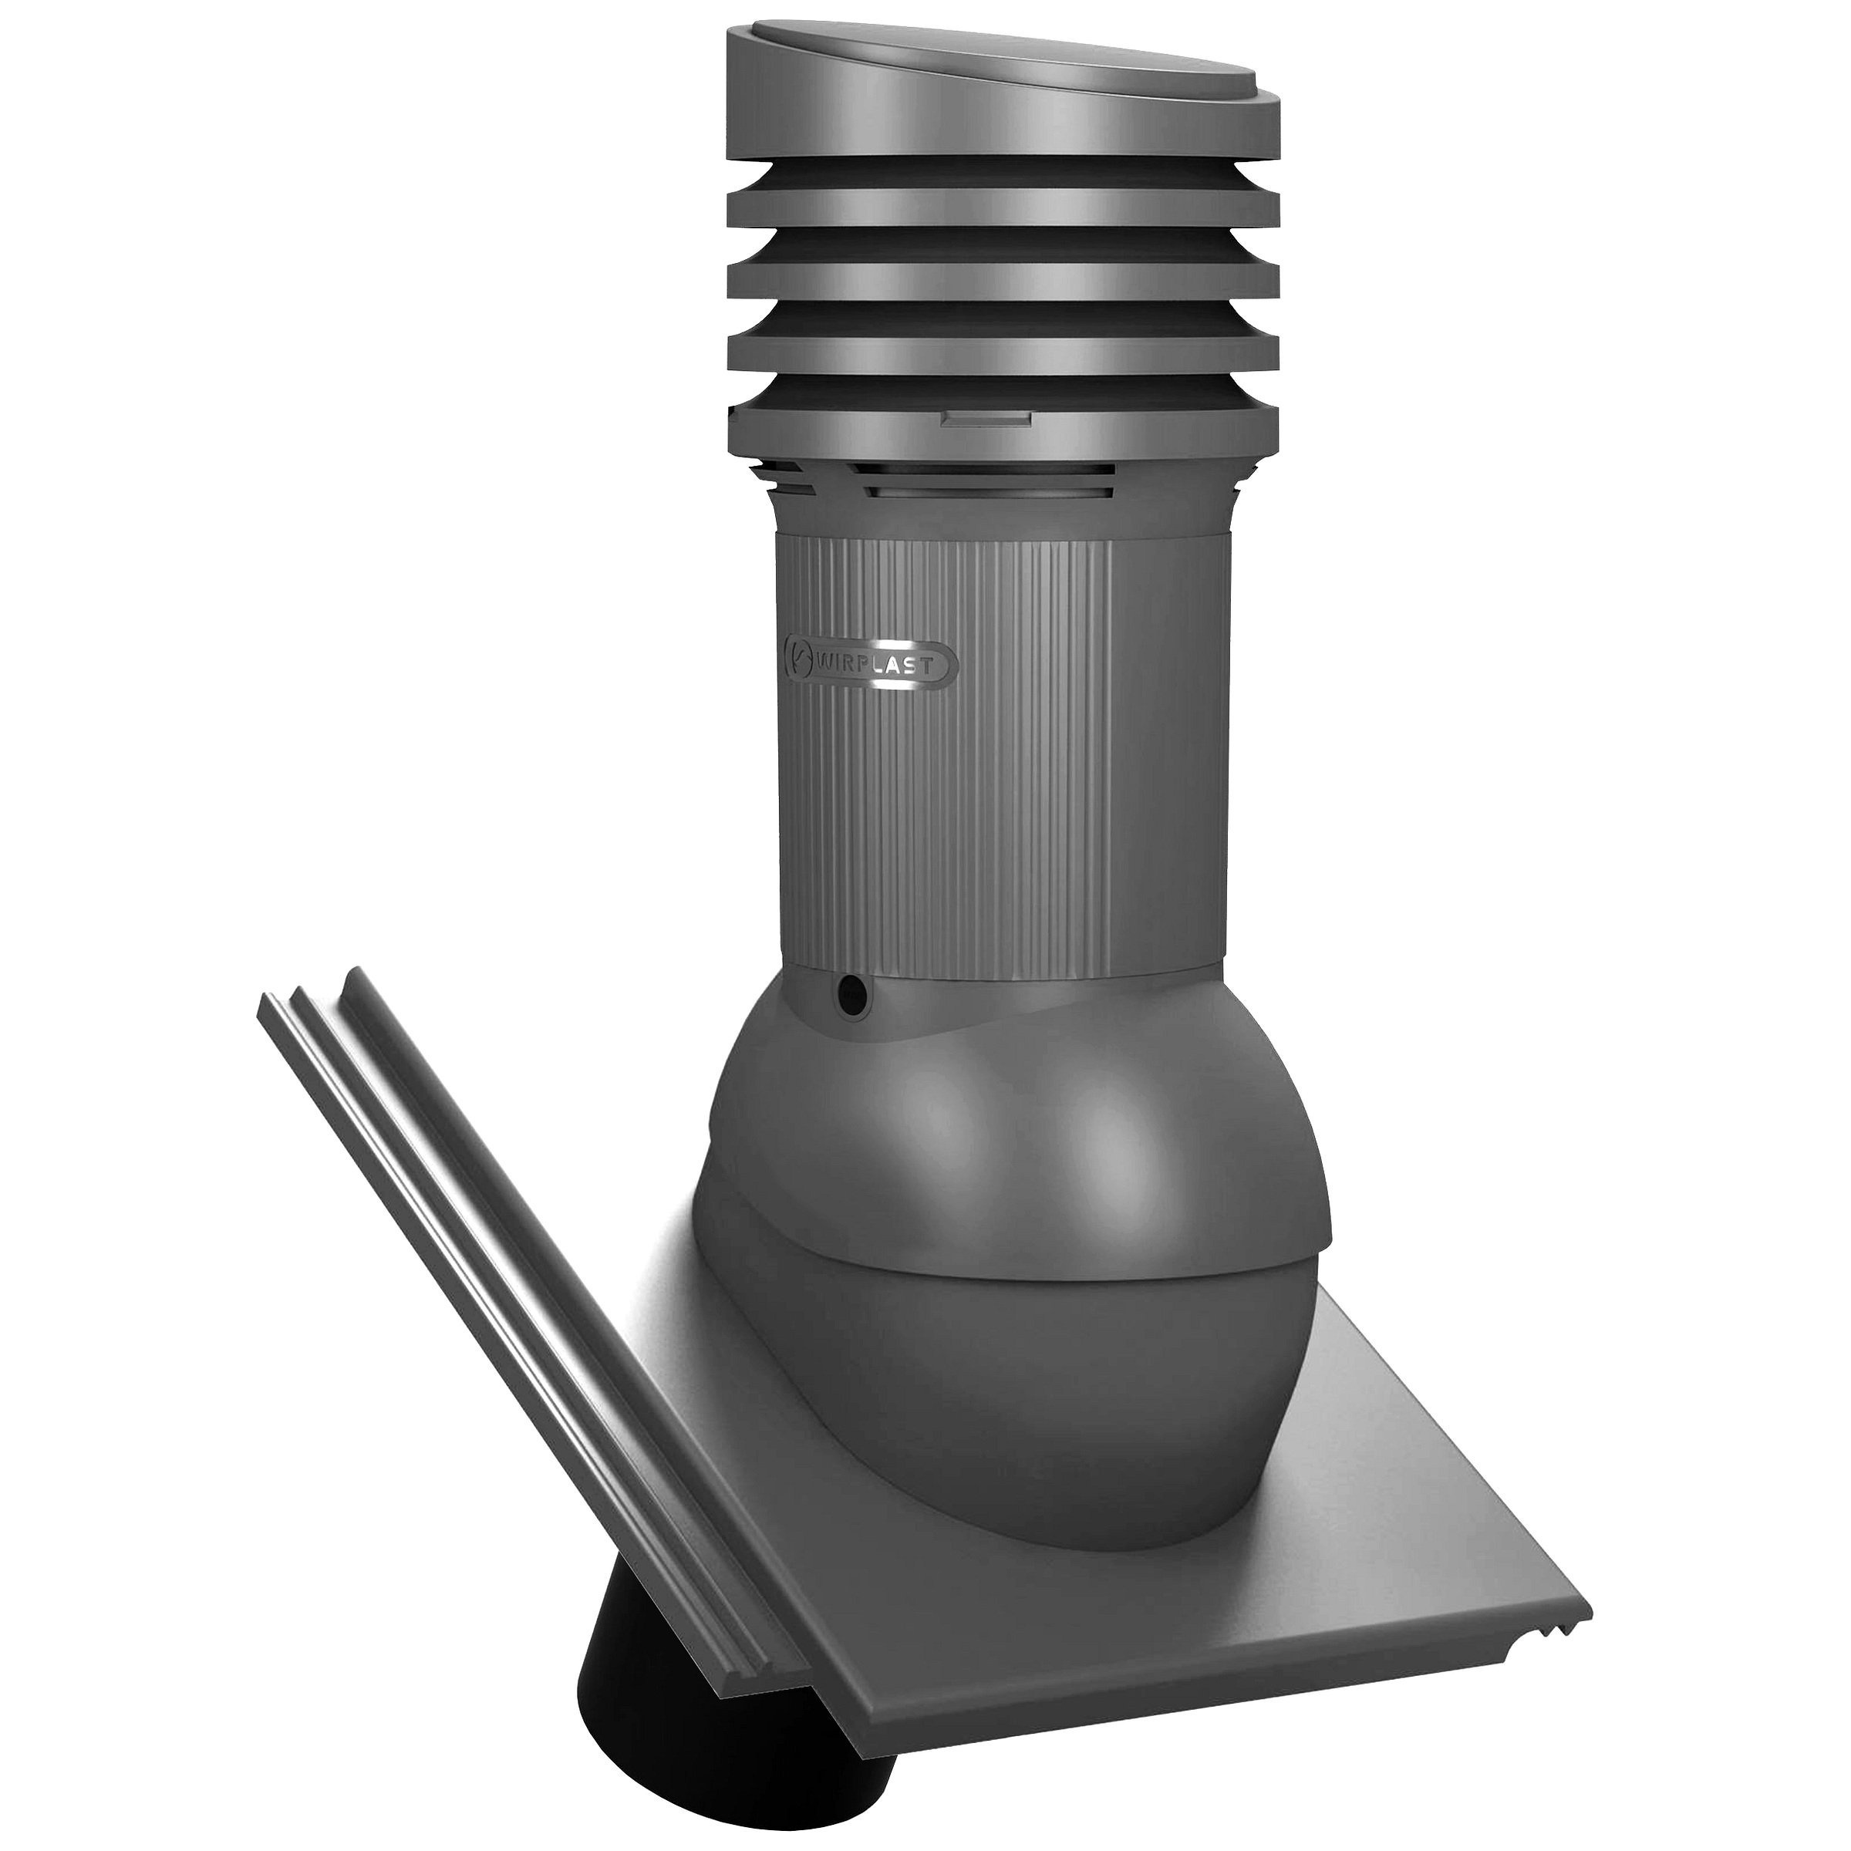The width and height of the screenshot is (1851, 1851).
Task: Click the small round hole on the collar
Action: pyautogui.click(x=849, y=996)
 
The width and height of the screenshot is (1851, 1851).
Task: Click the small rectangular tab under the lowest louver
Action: pyautogui.click(x=987, y=419)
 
